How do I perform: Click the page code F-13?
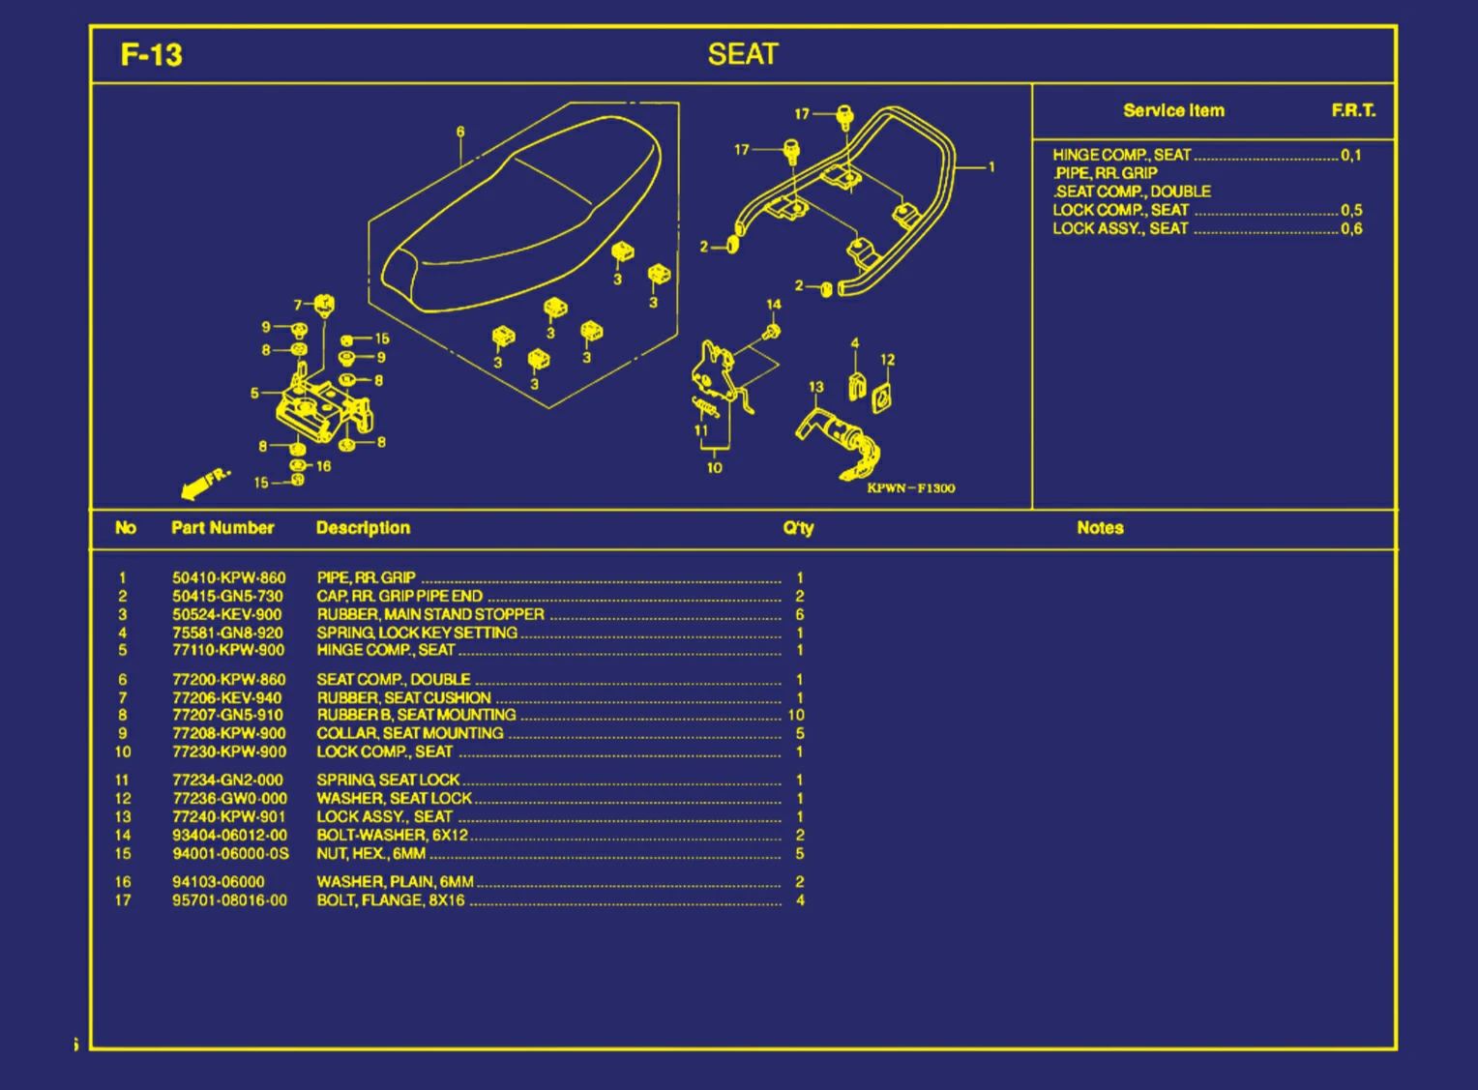point(151,55)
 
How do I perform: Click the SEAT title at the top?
point(742,55)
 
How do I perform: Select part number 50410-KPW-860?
point(228,577)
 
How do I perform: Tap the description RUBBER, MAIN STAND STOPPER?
point(430,614)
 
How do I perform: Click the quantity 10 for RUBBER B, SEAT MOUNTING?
point(796,715)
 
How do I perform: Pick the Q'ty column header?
point(798,528)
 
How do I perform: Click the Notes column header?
point(1100,528)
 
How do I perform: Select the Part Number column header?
point(222,528)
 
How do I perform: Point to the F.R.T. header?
point(1352,110)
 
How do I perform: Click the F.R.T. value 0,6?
point(1351,229)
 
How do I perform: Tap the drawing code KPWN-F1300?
point(910,488)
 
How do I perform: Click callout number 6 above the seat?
point(460,132)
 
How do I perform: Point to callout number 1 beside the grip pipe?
point(991,167)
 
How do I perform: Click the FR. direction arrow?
point(205,482)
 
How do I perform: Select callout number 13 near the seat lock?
point(815,387)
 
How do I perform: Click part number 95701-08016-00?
point(229,900)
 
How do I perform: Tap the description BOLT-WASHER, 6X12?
point(392,835)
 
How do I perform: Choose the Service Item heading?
point(1173,110)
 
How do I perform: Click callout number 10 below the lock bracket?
point(714,468)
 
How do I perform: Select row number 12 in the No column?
point(123,799)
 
